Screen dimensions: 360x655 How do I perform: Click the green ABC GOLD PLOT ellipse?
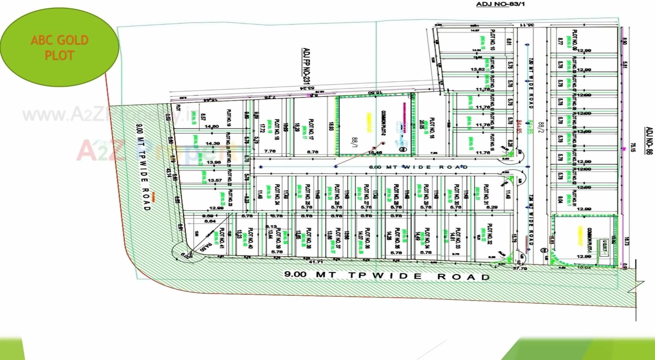pos(59,47)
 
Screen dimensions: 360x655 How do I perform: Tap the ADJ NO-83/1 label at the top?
pos(500,4)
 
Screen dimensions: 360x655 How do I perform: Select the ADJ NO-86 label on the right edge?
pos(649,140)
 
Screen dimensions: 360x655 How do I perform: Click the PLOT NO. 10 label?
pos(493,39)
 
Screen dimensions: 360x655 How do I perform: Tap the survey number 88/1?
pos(354,142)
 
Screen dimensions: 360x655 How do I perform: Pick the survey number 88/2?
pos(541,127)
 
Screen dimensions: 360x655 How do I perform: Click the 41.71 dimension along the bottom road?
pos(316,262)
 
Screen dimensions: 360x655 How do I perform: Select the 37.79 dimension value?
pos(520,268)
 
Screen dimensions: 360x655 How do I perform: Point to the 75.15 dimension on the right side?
pos(633,148)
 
